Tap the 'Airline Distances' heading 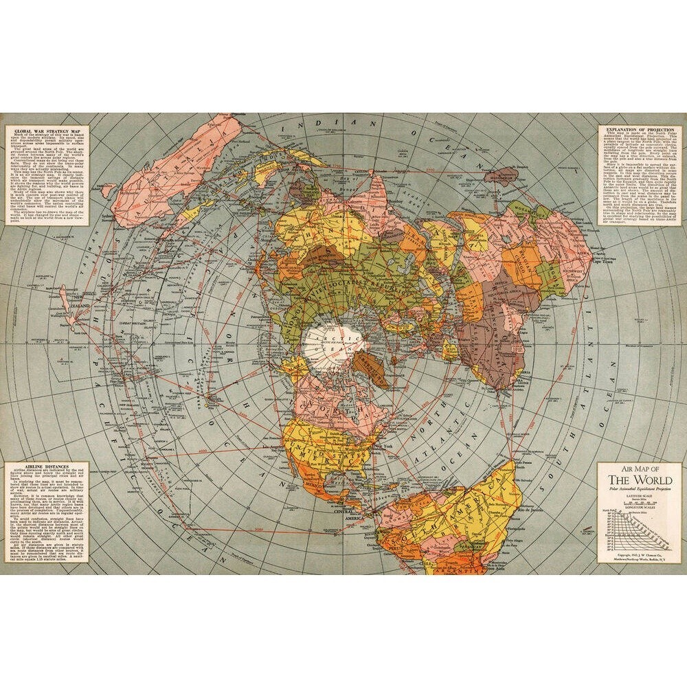tap(43, 466)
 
